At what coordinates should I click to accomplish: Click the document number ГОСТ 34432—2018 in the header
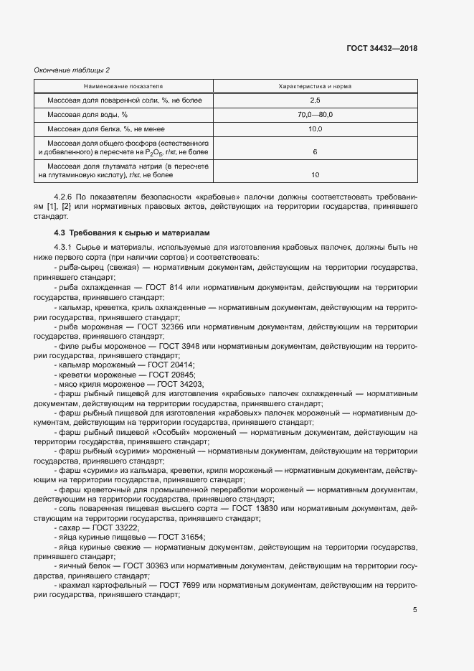(381, 48)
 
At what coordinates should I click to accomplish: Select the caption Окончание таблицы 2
(72, 70)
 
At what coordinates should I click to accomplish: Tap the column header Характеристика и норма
(315, 86)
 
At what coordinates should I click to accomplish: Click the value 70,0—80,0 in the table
(315, 115)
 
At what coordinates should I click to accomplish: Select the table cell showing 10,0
(315, 129)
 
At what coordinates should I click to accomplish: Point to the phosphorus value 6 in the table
(315, 152)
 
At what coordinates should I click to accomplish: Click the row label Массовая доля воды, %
(87, 115)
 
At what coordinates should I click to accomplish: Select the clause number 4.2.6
(65, 197)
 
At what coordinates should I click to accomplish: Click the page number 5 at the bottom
(414, 611)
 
